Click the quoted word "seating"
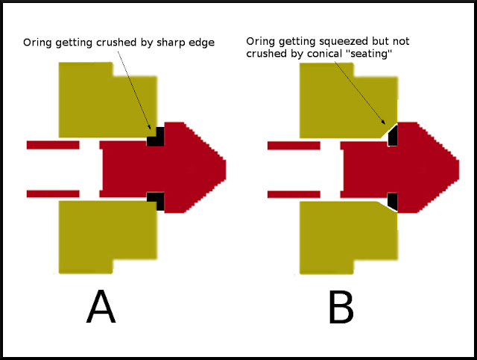pyautogui.click(x=370, y=55)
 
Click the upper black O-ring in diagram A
pyautogui.click(x=155, y=138)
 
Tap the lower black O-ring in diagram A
pyautogui.click(x=155, y=199)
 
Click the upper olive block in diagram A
pyautogui.click(x=104, y=101)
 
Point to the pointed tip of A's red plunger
pyautogui.click(x=223, y=168)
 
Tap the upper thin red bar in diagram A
pyautogui.click(x=53, y=144)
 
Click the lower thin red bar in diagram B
pyautogui.click(x=294, y=194)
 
